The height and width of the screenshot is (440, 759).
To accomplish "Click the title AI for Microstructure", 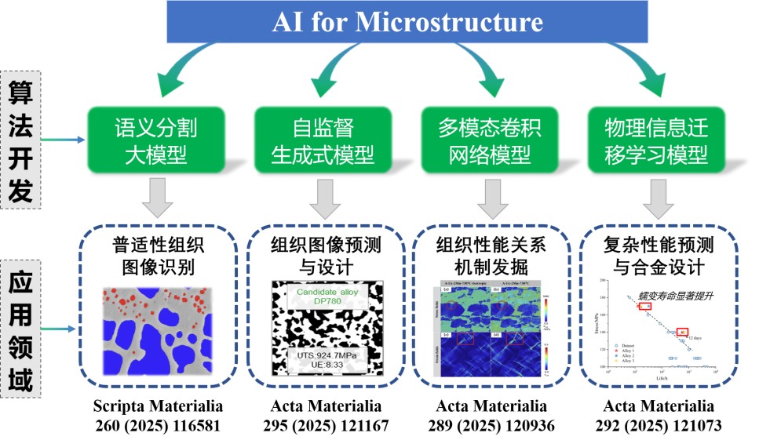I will [x=407, y=21].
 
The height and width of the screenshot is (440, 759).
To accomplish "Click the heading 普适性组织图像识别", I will [x=156, y=256].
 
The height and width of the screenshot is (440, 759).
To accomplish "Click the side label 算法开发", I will [x=21, y=139].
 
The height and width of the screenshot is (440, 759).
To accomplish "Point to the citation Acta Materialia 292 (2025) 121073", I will [x=659, y=416].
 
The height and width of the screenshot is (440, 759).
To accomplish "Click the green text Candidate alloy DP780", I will [x=327, y=298].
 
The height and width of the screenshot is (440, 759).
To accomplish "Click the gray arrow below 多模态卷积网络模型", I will [x=489, y=198].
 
